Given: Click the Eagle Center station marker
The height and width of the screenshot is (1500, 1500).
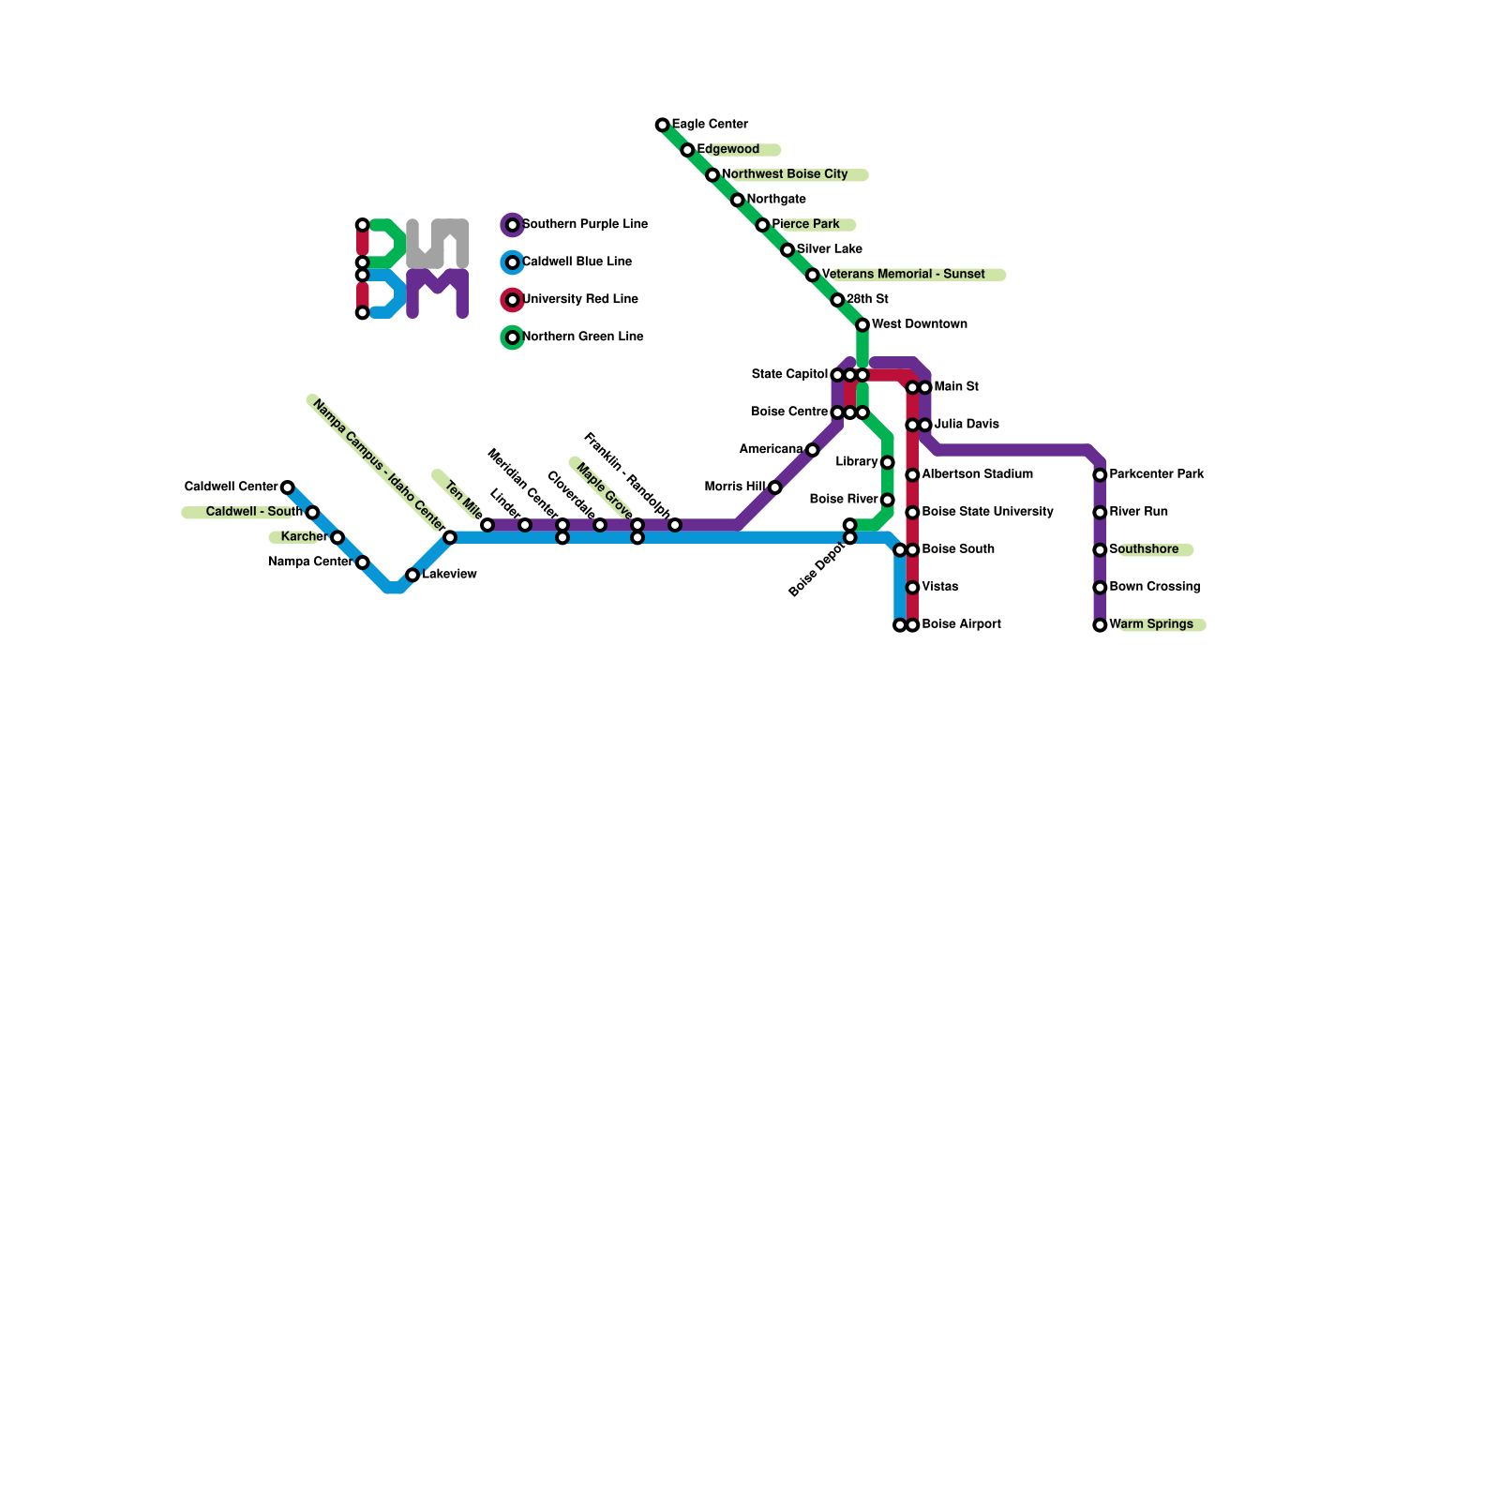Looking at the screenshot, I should click(663, 125).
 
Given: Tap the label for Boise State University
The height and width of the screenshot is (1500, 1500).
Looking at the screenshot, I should click(987, 512).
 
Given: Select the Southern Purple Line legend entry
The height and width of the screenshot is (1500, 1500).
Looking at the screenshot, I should click(584, 225).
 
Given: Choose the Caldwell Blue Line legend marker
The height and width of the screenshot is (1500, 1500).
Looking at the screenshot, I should click(512, 262).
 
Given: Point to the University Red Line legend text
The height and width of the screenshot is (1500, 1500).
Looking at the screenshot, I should click(580, 300).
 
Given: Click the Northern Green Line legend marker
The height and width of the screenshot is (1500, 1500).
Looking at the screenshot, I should click(512, 337).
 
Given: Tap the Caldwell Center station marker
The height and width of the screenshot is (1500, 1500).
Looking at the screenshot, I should click(288, 487).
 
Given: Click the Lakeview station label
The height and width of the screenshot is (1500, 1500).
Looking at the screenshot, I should click(449, 575).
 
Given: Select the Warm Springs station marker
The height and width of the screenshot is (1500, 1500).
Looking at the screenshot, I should click(1100, 625).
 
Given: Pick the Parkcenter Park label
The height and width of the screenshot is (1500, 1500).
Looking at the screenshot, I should click(1156, 474).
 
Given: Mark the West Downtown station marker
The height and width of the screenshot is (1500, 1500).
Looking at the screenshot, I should click(862, 325).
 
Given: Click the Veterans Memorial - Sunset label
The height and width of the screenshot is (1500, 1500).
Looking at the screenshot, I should click(903, 275).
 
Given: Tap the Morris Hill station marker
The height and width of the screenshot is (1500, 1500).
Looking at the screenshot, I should click(774, 487).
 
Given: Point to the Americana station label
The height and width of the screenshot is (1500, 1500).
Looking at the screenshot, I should click(771, 450).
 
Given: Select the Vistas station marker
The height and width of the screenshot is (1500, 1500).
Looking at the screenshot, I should click(912, 588).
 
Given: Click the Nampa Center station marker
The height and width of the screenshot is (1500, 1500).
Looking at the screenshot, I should click(363, 562).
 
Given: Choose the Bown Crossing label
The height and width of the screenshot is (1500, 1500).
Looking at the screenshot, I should click(1154, 587).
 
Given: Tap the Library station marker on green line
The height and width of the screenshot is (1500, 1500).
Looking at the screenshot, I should click(887, 463).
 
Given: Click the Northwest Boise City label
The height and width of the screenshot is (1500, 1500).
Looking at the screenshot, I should click(785, 174).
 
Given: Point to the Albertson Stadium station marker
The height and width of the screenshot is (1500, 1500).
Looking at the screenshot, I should click(912, 475).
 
